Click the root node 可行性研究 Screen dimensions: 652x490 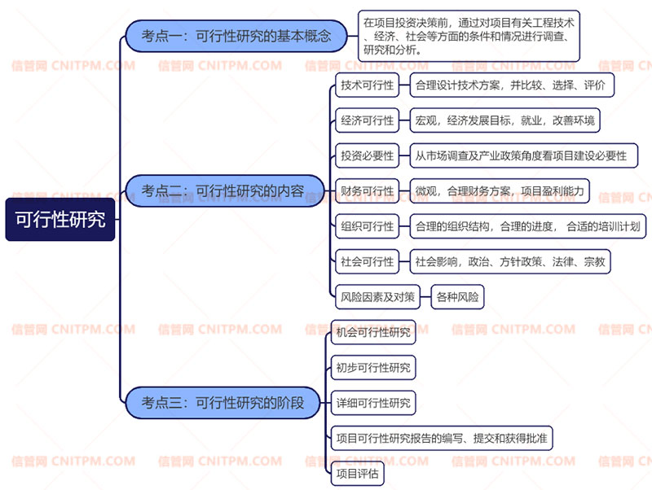tap(59, 219)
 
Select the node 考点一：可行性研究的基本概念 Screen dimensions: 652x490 tap(236, 36)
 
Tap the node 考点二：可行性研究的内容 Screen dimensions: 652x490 tap(225, 191)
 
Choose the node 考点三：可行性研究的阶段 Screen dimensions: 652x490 tap(222, 403)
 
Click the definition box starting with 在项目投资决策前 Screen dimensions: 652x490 tap(469, 36)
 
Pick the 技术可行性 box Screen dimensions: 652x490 tap(368, 85)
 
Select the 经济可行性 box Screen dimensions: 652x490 tap(368, 120)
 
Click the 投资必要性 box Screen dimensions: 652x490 tap(368, 155)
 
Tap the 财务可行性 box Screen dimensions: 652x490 tap(368, 191)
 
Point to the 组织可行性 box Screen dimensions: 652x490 tap(368, 226)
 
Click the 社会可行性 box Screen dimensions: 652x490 tap(368, 261)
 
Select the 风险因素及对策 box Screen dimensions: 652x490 tap(377, 297)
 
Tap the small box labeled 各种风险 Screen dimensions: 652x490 tap(457, 297)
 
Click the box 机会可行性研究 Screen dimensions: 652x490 tap(373, 332)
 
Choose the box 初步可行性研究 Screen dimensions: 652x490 tap(373, 368)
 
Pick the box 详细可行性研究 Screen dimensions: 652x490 tap(373, 403)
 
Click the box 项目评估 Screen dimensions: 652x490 tap(357, 474)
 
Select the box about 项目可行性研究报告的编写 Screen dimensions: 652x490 tap(442, 438)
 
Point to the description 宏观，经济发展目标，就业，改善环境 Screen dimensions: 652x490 tap(504, 120)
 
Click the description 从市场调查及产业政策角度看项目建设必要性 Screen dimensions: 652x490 tap(523, 155)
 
